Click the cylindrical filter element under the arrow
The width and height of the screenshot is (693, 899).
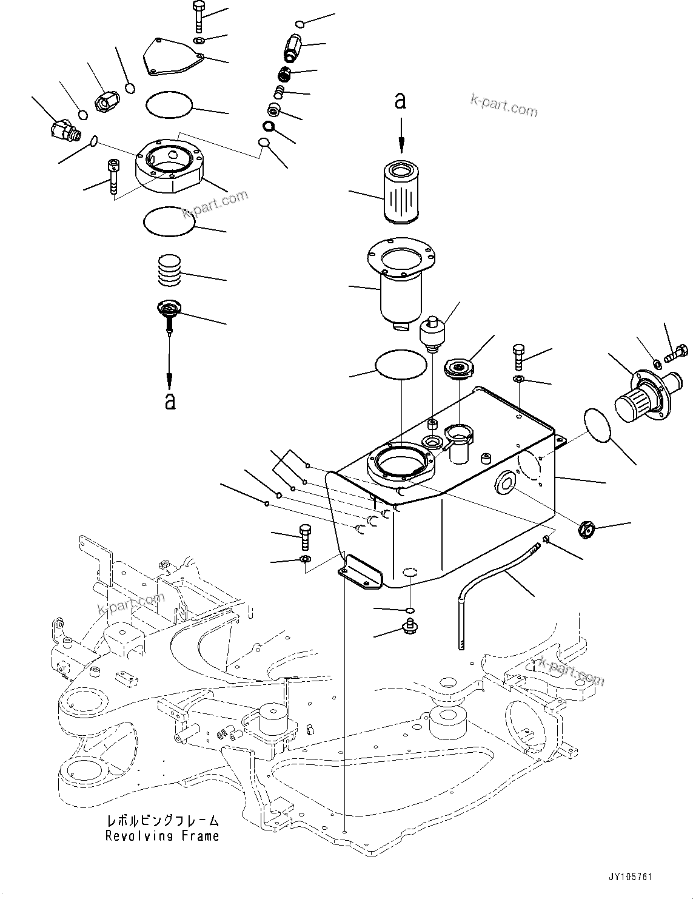pos(400,187)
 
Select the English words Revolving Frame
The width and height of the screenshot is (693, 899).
pos(162,836)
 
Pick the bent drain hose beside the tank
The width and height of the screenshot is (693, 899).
pos(485,582)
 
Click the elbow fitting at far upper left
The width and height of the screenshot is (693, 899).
pos(63,129)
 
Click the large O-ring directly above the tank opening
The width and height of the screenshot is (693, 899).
pos(401,365)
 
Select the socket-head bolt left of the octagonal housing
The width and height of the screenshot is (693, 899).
pos(113,176)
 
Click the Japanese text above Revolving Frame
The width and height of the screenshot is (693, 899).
pos(162,821)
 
